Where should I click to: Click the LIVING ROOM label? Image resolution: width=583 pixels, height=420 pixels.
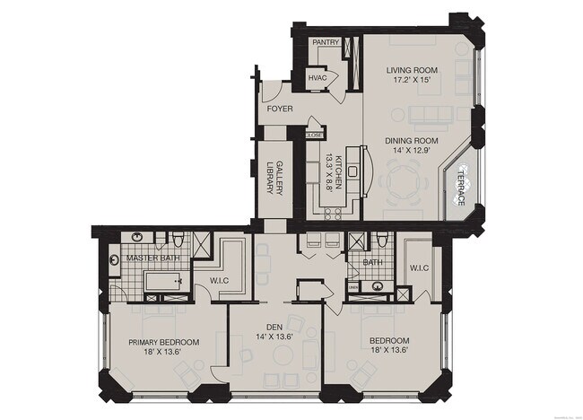point(412,70)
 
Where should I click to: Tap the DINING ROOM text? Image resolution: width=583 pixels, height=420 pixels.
point(412,140)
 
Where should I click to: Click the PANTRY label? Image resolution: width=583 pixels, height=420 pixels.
point(324,42)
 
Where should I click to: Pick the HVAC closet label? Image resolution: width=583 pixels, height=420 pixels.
point(318,78)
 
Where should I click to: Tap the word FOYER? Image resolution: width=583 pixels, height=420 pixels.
point(280,109)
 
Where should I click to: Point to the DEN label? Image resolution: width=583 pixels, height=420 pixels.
point(274,328)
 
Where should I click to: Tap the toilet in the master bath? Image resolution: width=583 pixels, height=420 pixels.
point(178,240)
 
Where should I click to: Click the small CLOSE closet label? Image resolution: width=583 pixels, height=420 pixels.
point(314,135)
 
